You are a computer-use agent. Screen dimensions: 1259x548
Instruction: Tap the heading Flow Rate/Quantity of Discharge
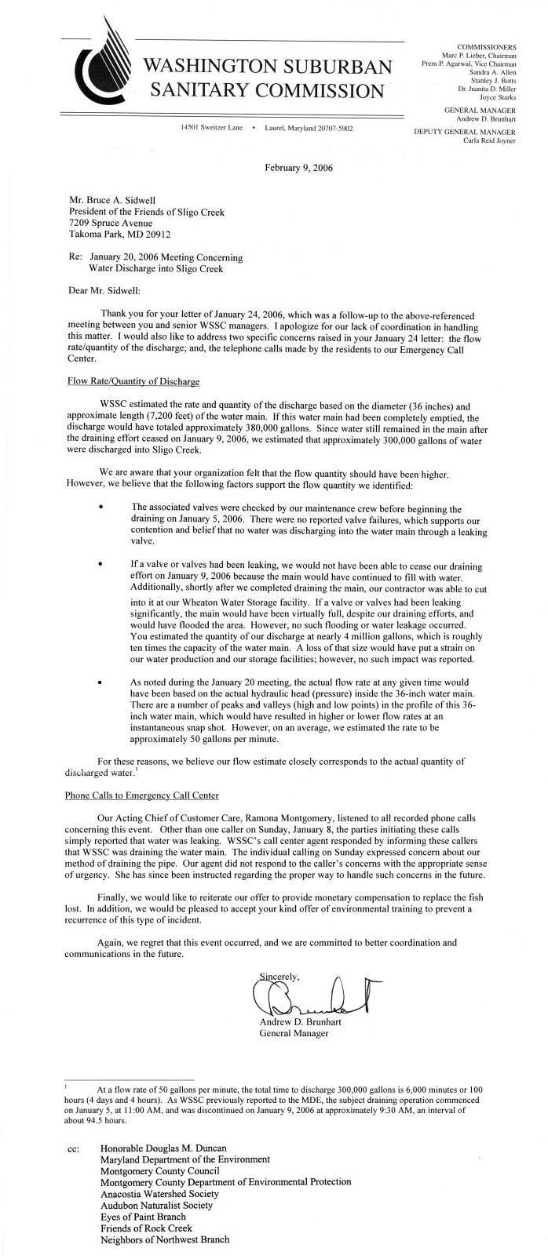[x=133, y=381]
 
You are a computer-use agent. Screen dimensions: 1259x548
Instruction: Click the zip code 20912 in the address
[x=156, y=234]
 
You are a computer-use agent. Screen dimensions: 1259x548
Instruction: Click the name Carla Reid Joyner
[x=484, y=141]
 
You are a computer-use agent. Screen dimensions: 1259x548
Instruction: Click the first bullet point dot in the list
[x=101, y=508]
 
